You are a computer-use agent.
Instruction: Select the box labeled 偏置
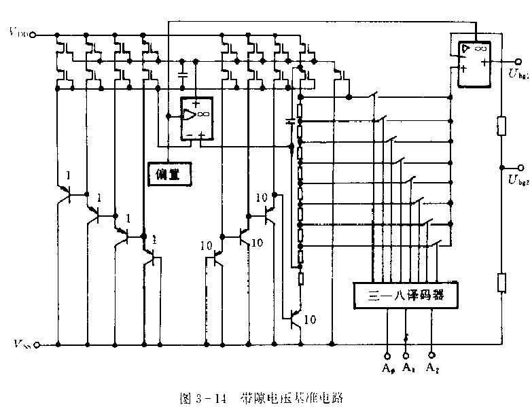[x=169, y=173]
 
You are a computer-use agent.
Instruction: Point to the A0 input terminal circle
[x=387, y=355]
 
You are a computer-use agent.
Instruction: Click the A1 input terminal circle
[x=406, y=355]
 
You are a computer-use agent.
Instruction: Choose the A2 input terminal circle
[x=432, y=355]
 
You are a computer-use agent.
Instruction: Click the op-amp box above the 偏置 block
[x=195, y=119]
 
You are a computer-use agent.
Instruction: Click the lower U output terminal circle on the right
[x=521, y=167]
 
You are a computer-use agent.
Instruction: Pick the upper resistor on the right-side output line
[x=501, y=126]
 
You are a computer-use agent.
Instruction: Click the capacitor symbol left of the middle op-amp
[x=182, y=73]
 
